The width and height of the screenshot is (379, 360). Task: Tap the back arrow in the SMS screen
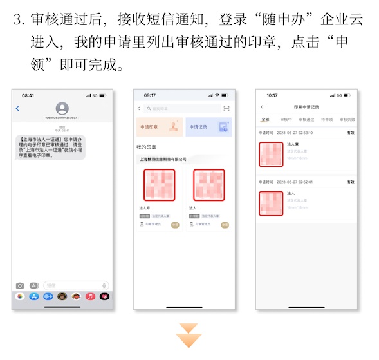[x=18, y=109]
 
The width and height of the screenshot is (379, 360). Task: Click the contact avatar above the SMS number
[x=62, y=108]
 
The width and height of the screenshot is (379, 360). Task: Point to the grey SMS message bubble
[x=51, y=147]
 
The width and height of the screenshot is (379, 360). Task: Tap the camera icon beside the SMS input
[x=20, y=285]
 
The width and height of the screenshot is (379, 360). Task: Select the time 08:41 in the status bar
[x=28, y=95]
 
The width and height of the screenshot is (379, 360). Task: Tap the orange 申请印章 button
[x=159, y=127]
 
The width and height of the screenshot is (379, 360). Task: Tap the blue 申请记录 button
[x=208, y=127]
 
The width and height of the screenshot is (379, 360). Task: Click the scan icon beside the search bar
[x=226, y=109]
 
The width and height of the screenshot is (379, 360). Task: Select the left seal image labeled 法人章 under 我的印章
[x=159, y=185]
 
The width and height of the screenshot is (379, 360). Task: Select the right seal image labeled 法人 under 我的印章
[x=208, y=185]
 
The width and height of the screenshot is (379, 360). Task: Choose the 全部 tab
[x=265, y=119]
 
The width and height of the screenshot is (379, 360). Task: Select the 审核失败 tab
[x=347, y=119]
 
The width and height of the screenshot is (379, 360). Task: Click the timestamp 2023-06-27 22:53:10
[x=295, y=132]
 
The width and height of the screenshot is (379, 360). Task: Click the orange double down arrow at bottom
[x=189, y=336]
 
